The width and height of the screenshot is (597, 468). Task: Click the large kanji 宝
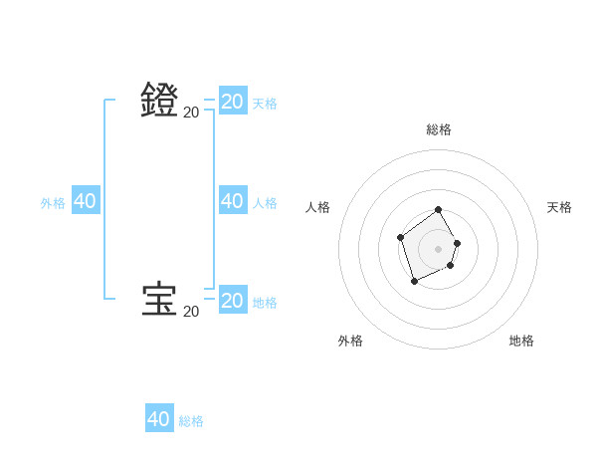(160, 300)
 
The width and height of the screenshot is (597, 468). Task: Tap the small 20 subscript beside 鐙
(191, 113)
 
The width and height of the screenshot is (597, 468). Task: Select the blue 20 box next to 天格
(232, 101)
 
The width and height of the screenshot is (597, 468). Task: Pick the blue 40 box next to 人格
(232, 201)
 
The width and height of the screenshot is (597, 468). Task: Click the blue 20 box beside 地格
(232, 300)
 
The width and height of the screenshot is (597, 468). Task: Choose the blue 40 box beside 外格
(85, 201)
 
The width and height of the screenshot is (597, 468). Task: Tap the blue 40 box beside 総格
(159, 419)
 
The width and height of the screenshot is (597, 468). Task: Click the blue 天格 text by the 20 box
(265, 104)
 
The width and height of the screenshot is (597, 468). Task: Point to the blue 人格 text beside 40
(265, 203)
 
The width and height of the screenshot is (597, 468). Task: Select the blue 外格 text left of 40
(53, 203)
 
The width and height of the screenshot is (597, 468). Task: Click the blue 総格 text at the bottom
(191, 421)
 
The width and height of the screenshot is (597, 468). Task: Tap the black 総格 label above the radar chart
(439, 129)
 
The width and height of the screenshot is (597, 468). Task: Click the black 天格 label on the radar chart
(559, 207)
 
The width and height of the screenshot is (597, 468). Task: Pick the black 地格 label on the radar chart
(521, 341)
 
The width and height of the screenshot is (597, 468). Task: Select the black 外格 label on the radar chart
(350, 341)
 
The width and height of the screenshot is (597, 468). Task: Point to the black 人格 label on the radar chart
(318, 207)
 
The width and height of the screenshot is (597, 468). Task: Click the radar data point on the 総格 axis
(439, 210)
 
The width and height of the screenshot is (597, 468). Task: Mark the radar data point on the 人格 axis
(400, 237)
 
